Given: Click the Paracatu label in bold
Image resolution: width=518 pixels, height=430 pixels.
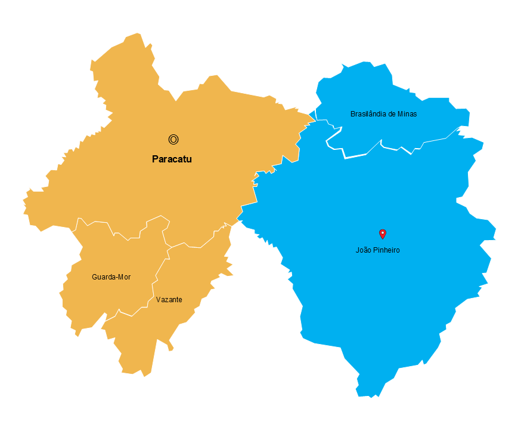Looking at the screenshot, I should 172,159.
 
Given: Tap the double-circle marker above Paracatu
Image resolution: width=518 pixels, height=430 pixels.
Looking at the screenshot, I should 173,140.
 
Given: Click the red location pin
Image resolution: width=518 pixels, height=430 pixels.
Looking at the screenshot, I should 383,234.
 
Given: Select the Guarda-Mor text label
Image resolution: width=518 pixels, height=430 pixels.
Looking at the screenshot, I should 111,277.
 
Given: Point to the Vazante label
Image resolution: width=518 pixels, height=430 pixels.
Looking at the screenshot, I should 169,300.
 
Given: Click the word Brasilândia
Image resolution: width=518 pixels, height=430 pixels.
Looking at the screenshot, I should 368,113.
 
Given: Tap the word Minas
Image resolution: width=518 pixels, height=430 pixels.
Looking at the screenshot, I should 408,113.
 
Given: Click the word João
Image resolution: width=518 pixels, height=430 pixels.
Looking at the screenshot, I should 364,250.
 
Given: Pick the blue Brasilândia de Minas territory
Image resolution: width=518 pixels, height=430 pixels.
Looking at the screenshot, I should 381,90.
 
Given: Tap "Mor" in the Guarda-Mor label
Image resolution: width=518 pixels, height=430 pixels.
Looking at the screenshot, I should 124,277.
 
